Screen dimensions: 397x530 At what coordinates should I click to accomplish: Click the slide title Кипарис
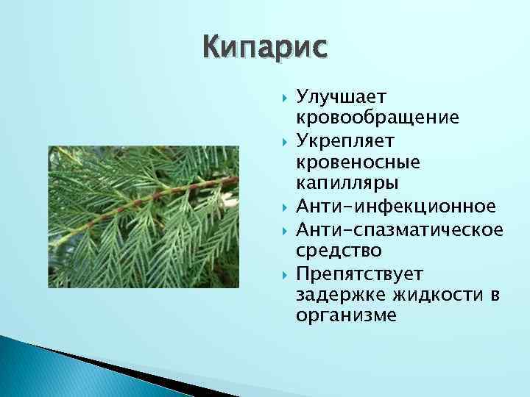pyautogui.click(x=264, y=49)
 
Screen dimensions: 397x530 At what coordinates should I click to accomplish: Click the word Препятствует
pyautogui.click(x=359, y=274)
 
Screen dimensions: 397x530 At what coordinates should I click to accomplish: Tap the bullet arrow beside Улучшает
pyautogui.click(x=284, y=97)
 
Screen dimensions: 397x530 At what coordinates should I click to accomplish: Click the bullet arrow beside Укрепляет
pyautogui.click(x=284, y=139)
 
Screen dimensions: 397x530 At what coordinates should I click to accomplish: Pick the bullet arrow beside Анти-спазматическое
pyautogui.click(x=284, y=230)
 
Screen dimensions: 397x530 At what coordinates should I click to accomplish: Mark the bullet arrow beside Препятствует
pyautogui.click(x=284, y=274)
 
